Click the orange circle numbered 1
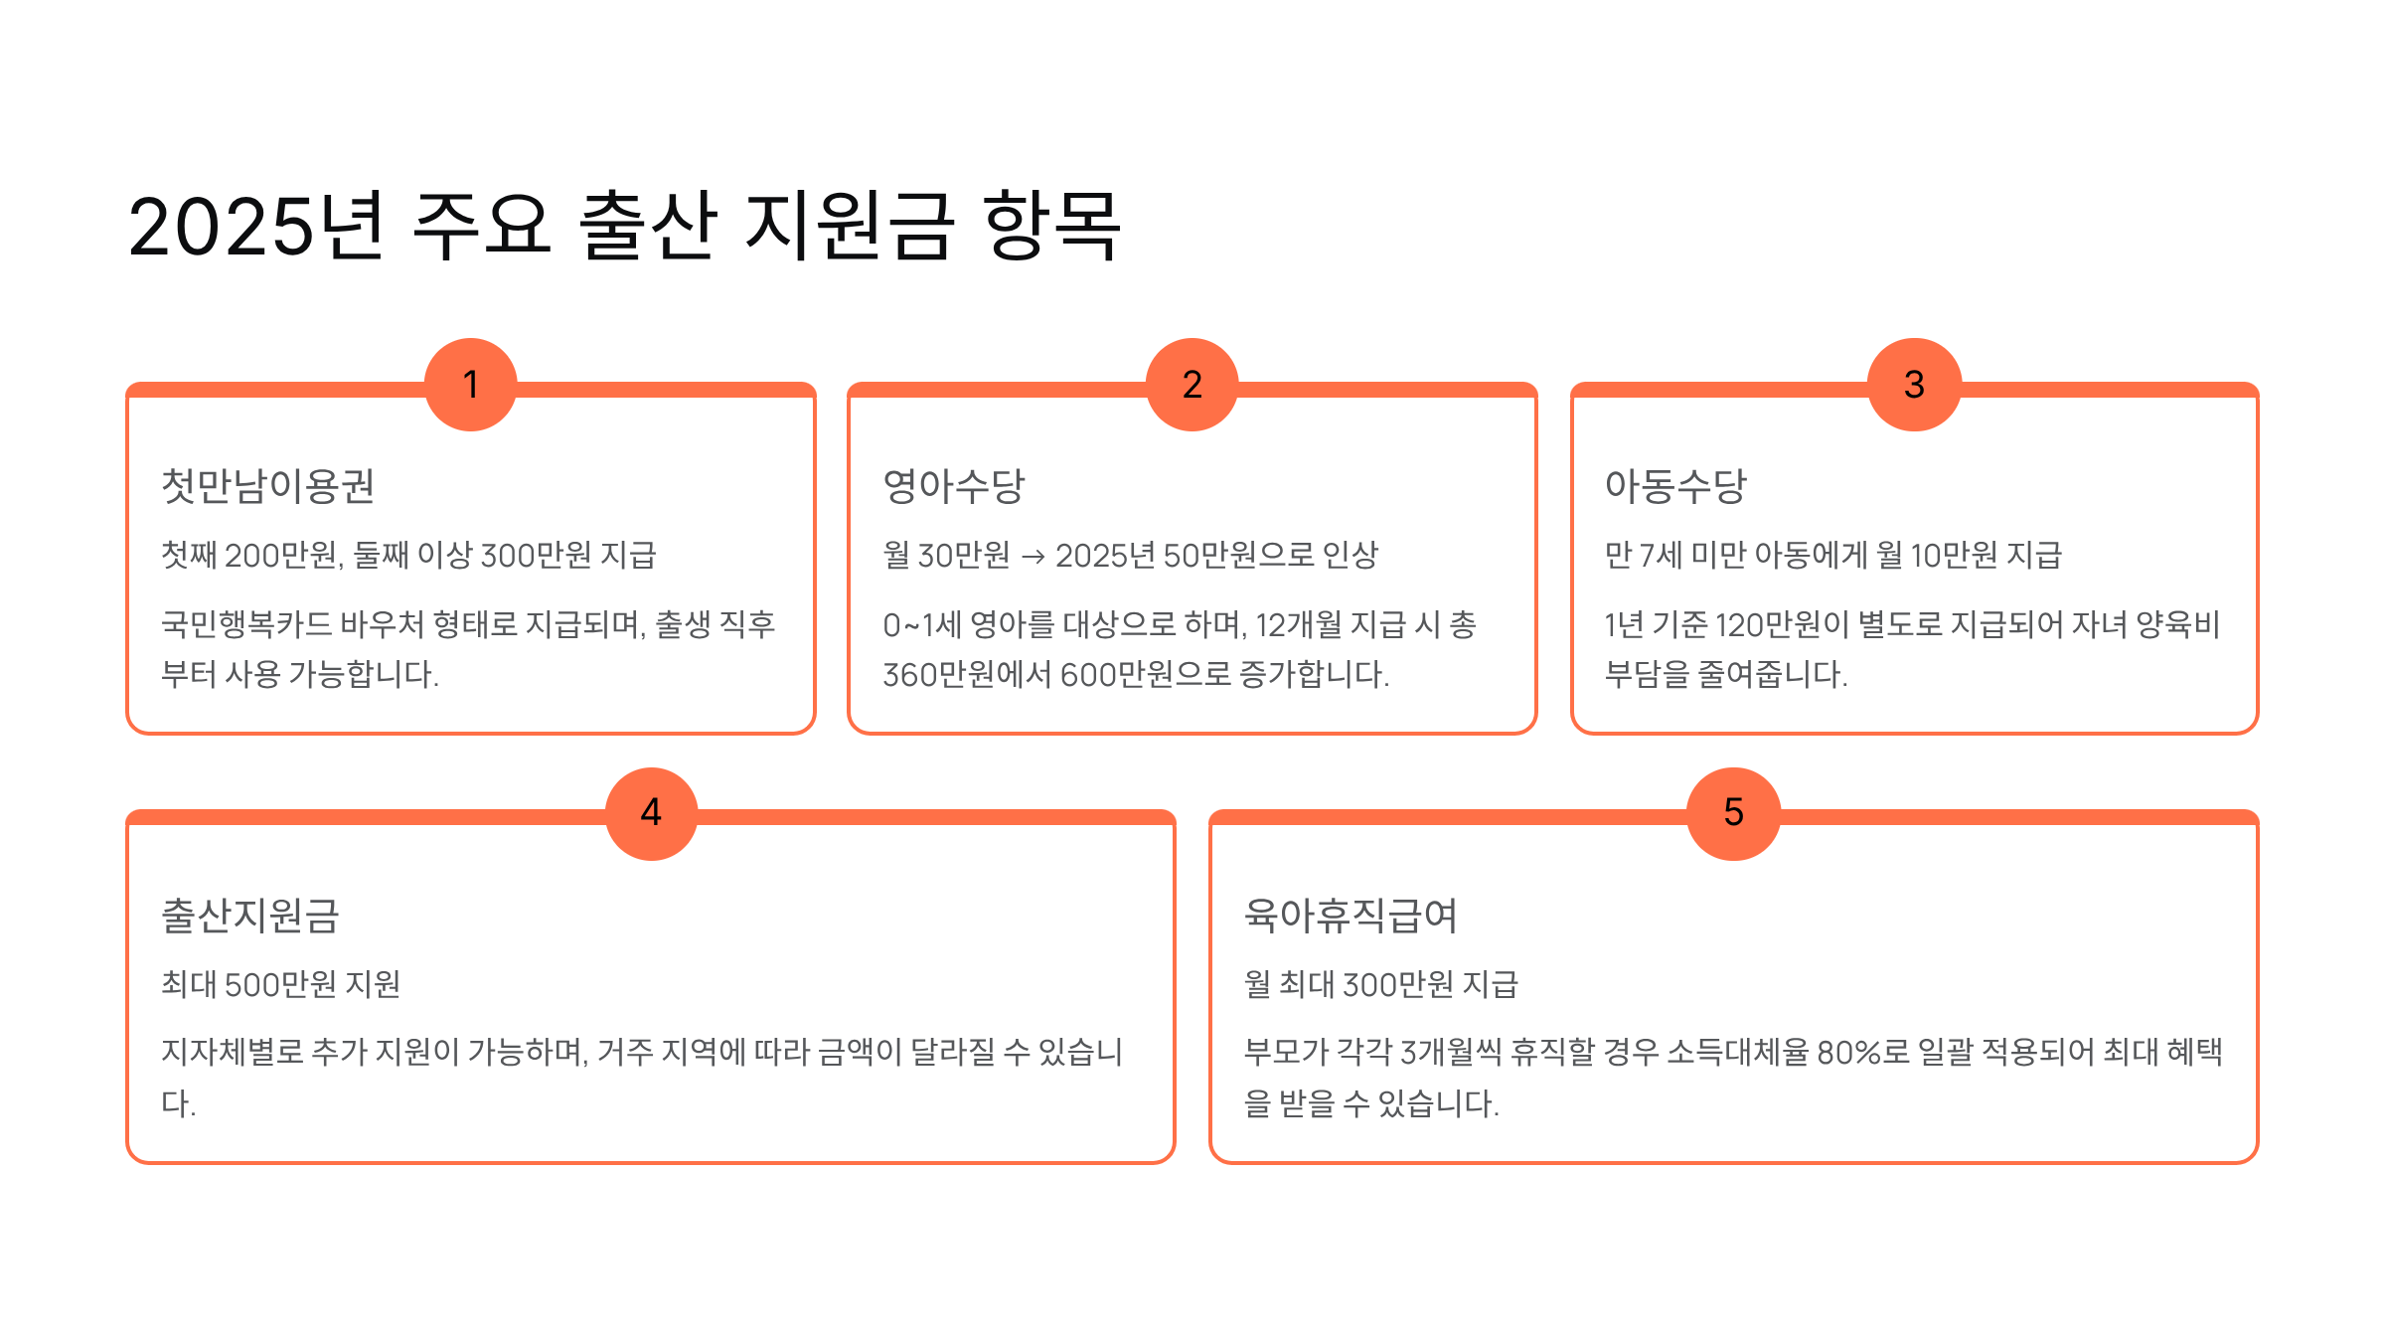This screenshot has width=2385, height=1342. (x=471, y=385)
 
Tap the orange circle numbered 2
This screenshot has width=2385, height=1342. (x=1192, y=385)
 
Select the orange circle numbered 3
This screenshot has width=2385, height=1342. (x=1914, y=385)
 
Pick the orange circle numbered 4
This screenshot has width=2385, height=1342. (x=651, y=813)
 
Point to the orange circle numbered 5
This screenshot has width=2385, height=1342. (x=1733, y=813)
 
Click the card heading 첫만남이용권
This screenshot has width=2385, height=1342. (x=268, y=486)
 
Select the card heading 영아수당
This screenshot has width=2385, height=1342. (x=953, y=486)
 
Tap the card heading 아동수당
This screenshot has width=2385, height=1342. (x=1675, y=486)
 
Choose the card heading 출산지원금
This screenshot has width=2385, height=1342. (x=250, y=916)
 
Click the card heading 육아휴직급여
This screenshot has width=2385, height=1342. (x=1351, y=916)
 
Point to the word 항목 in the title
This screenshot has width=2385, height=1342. (x=1051, y=227)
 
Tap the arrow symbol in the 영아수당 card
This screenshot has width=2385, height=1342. (x=1033, y=557)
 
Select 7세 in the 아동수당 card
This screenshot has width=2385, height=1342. (x=1660, y=555)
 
